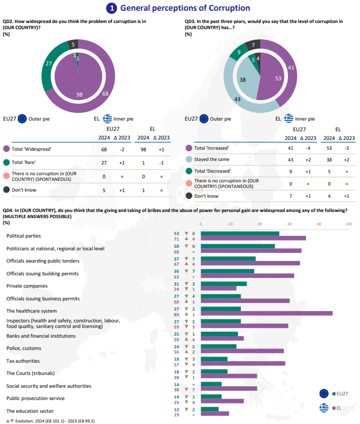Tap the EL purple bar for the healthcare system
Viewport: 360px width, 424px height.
pyautogui.click(x=267, y=313)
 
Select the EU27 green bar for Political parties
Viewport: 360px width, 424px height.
pyautogui.click(x=240, y=233)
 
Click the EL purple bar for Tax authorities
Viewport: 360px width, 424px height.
pyautogui.click(x=243, y=363)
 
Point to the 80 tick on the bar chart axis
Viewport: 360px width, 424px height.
pyautogui.click(x=319, y=224)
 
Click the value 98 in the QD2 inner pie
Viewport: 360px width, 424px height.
pyautogui.click(x=79, y=95)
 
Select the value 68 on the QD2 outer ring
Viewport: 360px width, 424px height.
pyautogui.click(x=105, y=93)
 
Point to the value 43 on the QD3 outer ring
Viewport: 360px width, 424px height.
pyautogui.click(x=237, y=99)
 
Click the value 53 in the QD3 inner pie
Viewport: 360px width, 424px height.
pyautogui.click(x=278, y=78)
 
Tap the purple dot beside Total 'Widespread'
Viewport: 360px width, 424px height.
pyautogui.click(x=6, y=149)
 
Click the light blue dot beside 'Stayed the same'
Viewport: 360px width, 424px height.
pyautogui.click(x=189, y=159)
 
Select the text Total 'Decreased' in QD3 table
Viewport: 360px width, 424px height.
pyautogui.click(x=212, y=171)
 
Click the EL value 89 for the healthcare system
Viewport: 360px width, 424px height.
pyautogui.click(x=177, y=314)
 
